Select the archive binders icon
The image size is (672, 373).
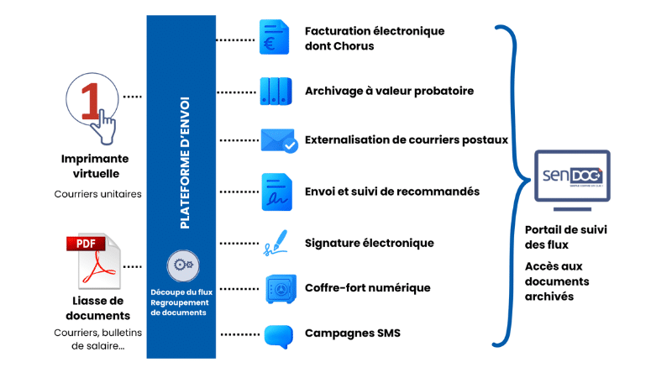pyautogui.click(x=275, y=90)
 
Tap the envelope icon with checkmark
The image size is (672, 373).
pyautogui.click(x=278, y=140)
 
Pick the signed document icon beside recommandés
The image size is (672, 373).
pyautogui.click(x=276, y=192)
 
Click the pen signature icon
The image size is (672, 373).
pyautogui.click(x=275, y=243)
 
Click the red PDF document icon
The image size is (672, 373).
pyautogui.click(x=93, y=260)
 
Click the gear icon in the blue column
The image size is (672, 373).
pyautogui.click(x=181, y=266)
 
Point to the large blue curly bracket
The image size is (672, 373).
pyautogui.click(x=504, y=185)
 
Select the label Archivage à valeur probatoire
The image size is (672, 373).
pyautogui.click(x=390, y=91)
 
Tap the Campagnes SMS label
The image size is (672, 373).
pyautogui.click(x=353, y=334)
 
